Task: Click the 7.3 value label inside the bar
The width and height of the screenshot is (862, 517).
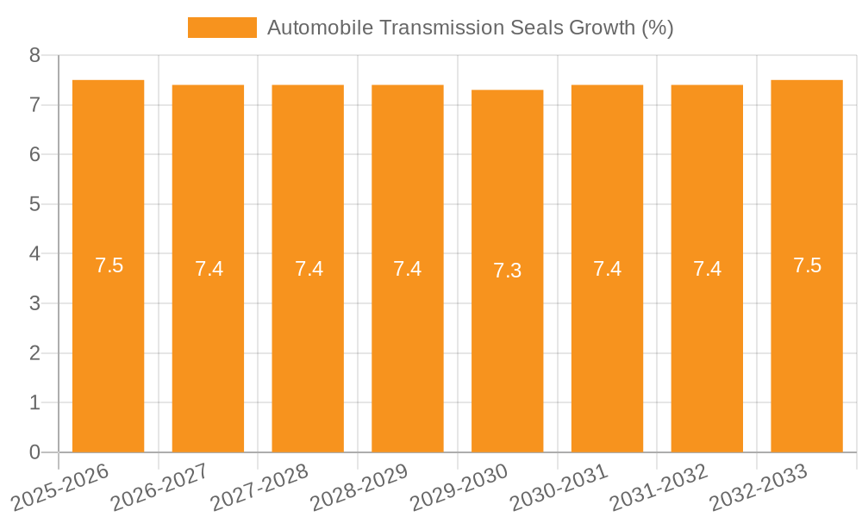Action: [x=507, y=271]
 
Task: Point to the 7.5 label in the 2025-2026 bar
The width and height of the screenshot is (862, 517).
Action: [x=109, y=265]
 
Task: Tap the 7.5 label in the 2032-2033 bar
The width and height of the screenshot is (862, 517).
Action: [x=807, y=265]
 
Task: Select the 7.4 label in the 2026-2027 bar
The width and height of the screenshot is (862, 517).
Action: [x=209, y=269]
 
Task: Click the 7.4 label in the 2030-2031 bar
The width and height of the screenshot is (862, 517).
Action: [x=607, y=269]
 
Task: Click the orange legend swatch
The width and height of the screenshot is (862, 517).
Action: [x=222, y=28]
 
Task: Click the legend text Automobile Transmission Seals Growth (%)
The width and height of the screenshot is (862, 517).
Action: [x=470, y=28]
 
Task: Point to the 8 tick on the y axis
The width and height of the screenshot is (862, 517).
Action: [x=34, y=55]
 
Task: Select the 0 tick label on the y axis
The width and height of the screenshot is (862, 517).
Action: [x=34, y=452]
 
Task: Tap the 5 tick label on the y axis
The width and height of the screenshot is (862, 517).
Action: [x=34, y=204]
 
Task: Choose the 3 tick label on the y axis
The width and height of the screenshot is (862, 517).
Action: [x=34, y=303]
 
